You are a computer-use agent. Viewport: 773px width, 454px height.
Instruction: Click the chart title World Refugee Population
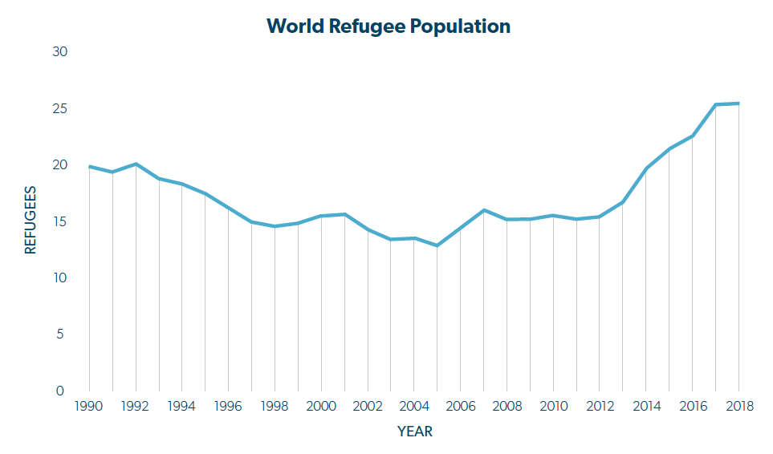coord(389,26)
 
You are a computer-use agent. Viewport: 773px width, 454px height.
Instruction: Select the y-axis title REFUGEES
coord(31,221)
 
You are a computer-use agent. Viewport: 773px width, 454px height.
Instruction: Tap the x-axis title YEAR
coord(415,432)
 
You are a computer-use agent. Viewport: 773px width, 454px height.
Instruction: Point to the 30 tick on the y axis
coord(60,52)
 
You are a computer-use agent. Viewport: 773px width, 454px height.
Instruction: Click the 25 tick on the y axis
coord(60,108)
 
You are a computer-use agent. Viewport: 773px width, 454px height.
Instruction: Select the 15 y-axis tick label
coord(60,221)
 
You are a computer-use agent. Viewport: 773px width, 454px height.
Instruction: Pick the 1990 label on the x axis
coord(89,406)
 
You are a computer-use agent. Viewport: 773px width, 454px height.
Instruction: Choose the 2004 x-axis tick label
coord(414,406)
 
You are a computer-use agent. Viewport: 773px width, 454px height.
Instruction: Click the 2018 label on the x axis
coord(739,406)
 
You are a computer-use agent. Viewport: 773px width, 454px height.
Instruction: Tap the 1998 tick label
coord(275,406)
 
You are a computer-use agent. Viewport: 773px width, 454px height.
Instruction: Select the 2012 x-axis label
coord(600,406)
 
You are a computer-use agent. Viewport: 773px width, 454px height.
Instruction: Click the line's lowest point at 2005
coord(437,245)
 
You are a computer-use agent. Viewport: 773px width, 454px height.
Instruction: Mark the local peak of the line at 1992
coord(136,164)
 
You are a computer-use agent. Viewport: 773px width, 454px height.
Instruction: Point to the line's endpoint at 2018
coord(739,103)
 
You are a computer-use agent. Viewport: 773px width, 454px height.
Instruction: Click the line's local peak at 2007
coord(484,210)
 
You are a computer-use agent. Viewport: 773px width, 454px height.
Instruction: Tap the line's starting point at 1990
coord(89,166)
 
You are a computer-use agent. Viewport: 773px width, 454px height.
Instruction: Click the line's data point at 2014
coord(646,168)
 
